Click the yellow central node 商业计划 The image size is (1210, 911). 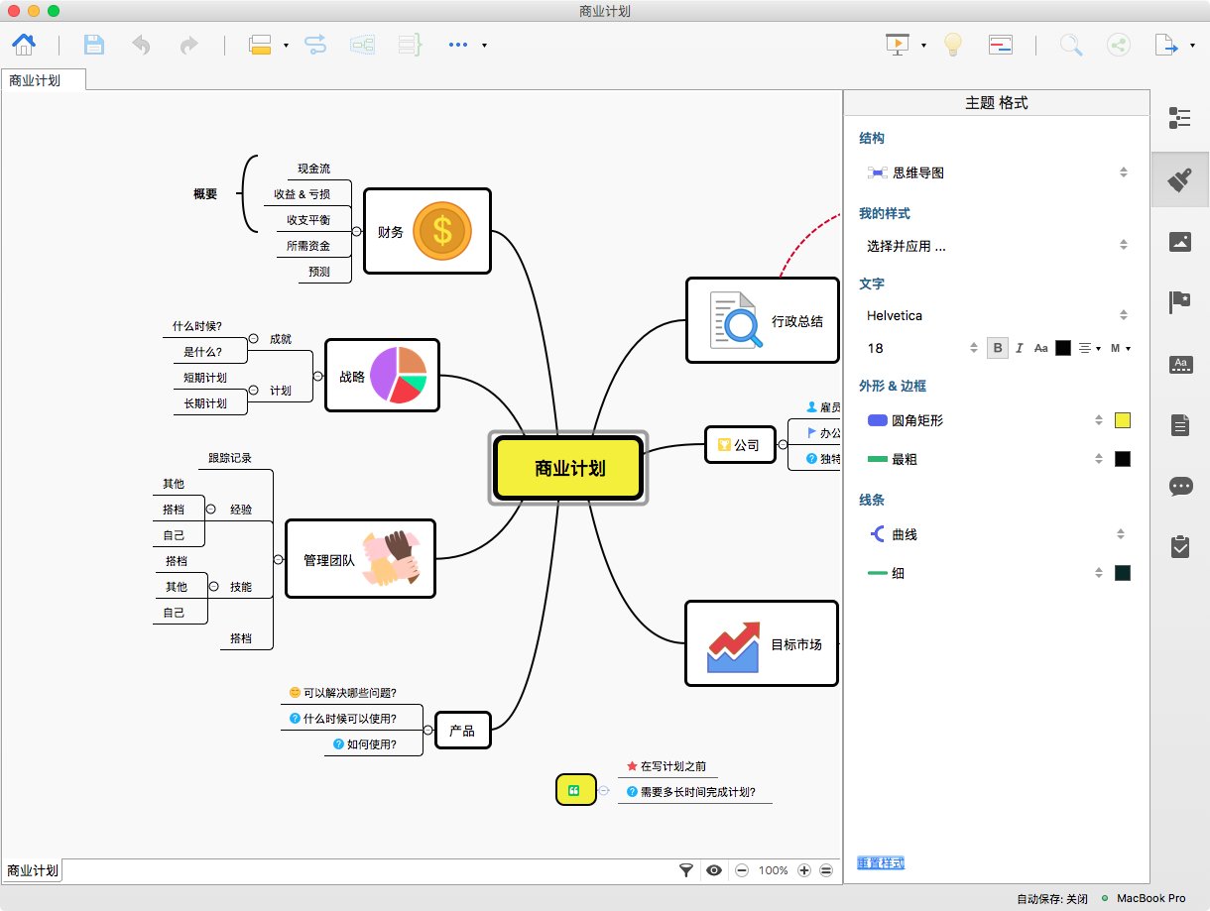(568, 468)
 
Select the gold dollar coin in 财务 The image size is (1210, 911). (442, 231)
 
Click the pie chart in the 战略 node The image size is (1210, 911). (399, 375)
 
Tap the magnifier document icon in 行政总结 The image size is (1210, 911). (736, 320)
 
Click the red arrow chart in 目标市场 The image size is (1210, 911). (734, 646)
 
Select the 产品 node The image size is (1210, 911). (462, 731)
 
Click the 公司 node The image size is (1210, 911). (740, 444)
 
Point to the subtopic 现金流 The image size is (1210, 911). (313, 169)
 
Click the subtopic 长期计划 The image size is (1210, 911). (205, 403)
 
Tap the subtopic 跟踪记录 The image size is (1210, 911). (230, 458)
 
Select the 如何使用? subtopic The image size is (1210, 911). (365, 744)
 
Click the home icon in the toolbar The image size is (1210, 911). (24, 45)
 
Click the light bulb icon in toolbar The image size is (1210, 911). (952, 44)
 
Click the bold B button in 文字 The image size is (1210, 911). (997, 348)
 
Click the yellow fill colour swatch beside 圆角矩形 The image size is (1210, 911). (1123, 420)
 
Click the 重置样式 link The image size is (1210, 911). (881, 863)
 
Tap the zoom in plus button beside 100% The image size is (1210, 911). (804, 870)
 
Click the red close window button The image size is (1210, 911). (14, 11)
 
